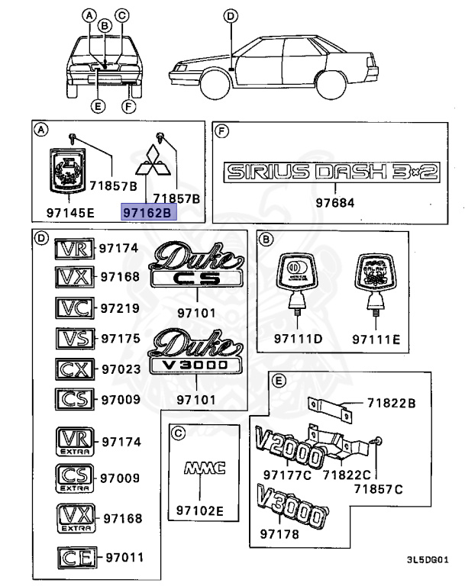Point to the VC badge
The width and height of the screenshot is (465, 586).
coord(75,307)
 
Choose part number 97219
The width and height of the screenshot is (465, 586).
coord(121,307)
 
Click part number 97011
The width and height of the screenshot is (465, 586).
coord(124,558)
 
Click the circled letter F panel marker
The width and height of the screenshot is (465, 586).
coord(222,131)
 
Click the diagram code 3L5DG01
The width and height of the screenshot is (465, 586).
coord(434,560)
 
